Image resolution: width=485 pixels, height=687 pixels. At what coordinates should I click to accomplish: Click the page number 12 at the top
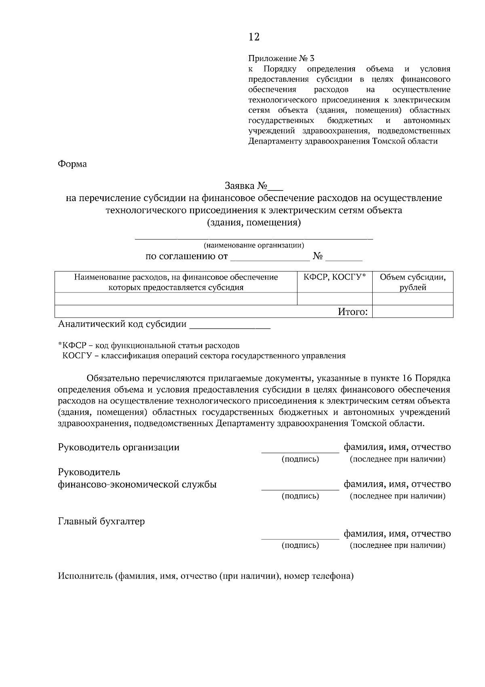click(x=254, y=37)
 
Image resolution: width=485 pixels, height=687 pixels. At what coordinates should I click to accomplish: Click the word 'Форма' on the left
click(x=72, y=164)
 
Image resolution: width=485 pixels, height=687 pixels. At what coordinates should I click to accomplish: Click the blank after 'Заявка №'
click(x=276, y=187)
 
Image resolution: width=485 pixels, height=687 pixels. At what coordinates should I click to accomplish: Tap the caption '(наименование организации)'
click(x=254, y=245)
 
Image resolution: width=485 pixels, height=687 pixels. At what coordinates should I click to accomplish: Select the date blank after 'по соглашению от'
click(x=270, y=257)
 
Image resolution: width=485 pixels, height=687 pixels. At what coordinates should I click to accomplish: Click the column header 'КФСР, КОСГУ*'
click(x=335, y=277)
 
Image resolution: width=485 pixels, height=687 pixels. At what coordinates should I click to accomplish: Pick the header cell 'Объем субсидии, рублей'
click(x=413, y=282)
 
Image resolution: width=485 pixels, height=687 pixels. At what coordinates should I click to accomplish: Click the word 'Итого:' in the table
click(x=352, y=312)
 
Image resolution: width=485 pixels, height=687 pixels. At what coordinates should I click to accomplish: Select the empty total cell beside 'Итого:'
click(x=413, y=312)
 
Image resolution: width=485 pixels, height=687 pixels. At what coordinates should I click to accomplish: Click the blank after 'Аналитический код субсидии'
click(x=230, y=325)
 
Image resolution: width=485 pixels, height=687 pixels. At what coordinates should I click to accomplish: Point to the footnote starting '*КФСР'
click(x=149, y=346)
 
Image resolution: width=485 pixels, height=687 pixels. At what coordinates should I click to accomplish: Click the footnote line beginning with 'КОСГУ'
click(x=204, y=356)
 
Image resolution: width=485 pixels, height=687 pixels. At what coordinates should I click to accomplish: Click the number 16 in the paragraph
click(x=407, y=379)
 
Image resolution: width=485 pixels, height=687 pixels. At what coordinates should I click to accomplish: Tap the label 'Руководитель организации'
click(x=119, y=447)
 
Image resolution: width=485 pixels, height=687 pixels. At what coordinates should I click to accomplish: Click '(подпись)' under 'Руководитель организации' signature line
click(x=300, y=459)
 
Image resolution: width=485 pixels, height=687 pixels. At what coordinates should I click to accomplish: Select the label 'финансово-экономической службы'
click(x=137, y=484)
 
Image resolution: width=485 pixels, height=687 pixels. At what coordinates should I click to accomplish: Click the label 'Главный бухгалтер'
click(x=101, y=522)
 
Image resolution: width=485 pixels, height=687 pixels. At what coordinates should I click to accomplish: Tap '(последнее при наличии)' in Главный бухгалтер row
click(x=397, y=545)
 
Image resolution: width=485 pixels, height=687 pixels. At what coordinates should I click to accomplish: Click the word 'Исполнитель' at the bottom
click(x=85, y=576)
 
